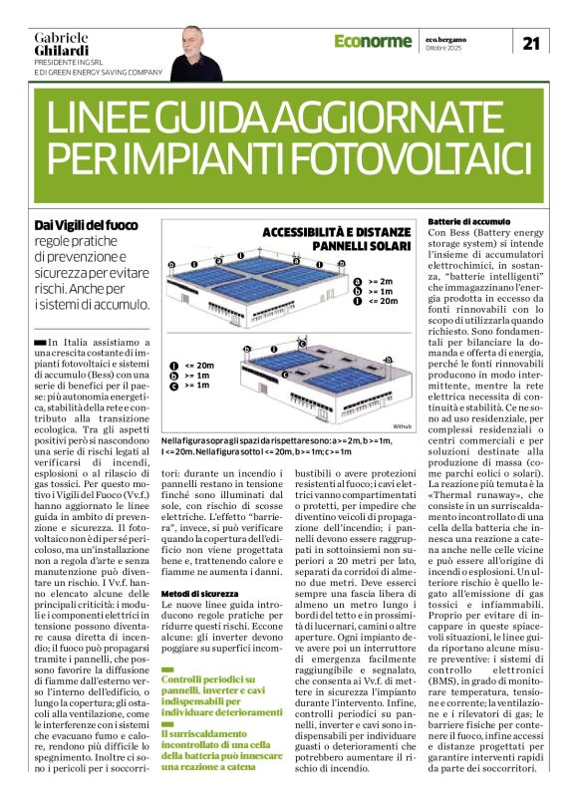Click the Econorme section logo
(374, 41)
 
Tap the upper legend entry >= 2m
(381, 282)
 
